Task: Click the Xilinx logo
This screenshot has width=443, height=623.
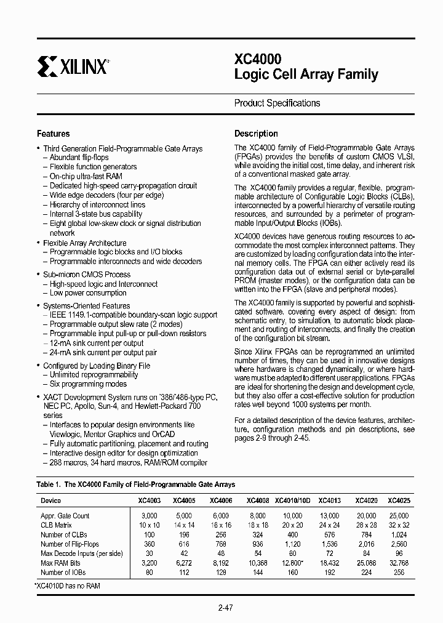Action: (x=73, y=65)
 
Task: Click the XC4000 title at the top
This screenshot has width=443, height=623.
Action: (x=258, y=59)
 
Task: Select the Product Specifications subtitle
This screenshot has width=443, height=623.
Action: (x=277, y=103)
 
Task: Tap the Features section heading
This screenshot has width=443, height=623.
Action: (x=54, y=134)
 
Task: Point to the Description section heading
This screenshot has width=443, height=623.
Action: (x=256, y=134)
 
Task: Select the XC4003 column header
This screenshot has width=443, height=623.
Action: (x=150, y=502)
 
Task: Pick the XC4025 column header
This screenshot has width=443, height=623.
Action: (x=399, y=502)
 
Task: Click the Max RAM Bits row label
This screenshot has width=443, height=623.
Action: (x=60, y=563)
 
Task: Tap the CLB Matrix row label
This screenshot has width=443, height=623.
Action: (x=57, y=525)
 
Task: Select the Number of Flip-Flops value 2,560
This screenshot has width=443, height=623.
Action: (x=399, y=544)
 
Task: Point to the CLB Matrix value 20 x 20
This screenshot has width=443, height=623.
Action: (x=293, y=525)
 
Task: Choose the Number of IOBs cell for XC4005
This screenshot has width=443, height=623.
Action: (x=184, y=573)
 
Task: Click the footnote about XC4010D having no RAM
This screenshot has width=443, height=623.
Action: (x=68, y=585)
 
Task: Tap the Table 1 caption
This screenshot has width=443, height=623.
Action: (x=136, y=485)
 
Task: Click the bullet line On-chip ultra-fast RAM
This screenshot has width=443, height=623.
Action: (x=87, y=177)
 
